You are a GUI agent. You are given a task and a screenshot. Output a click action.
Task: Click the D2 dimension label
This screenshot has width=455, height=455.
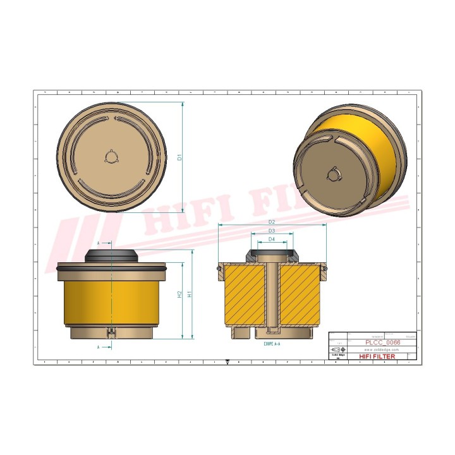271,222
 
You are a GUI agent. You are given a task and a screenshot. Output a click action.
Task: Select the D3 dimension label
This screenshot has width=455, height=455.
271,231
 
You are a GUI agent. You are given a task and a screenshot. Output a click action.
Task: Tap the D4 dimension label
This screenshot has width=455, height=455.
271,240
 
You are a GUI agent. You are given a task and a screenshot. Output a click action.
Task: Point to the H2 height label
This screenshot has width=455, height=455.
180,295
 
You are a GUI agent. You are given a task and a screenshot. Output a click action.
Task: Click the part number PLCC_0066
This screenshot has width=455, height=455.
383,342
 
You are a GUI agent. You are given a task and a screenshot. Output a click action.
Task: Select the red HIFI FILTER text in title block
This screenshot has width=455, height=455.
377,356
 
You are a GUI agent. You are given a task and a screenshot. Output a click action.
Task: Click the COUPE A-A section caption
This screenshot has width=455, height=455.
272,344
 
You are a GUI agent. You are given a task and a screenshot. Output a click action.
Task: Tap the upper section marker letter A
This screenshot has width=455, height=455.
99,243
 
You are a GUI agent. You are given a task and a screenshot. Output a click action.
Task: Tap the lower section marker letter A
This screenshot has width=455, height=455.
99,347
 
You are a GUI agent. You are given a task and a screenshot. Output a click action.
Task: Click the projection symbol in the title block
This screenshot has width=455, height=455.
338,349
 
